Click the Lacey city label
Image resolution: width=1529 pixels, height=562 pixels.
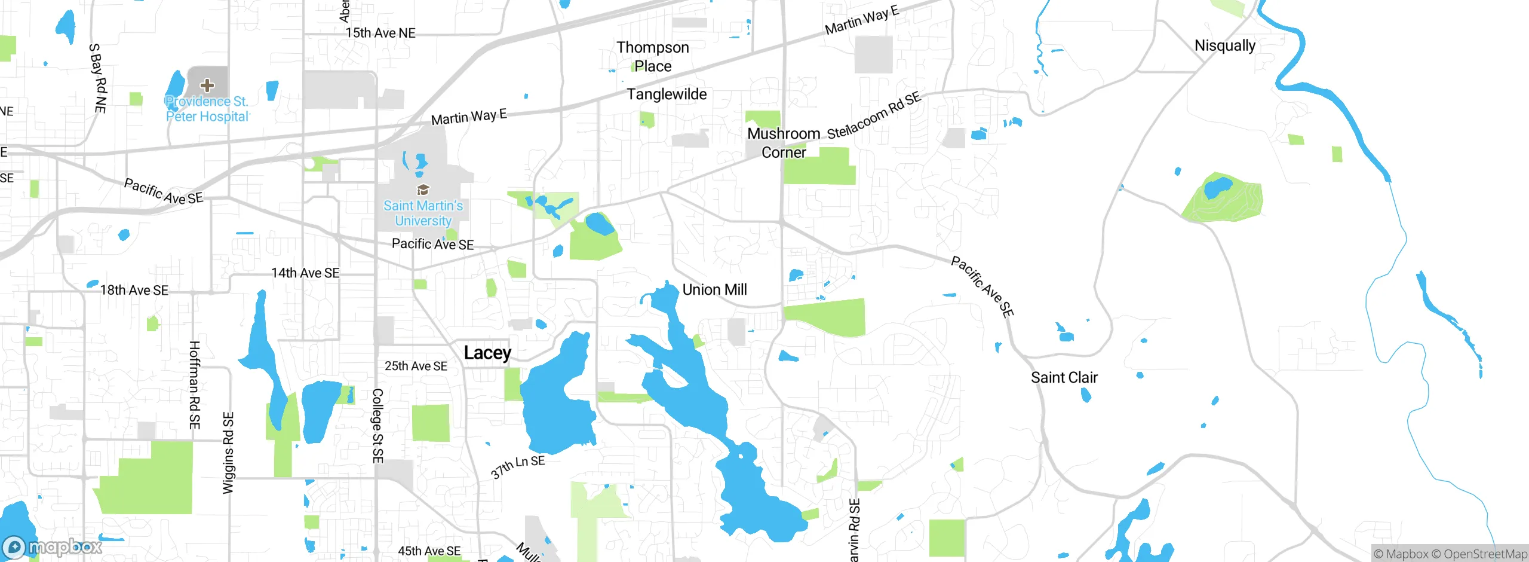tap(487, 353)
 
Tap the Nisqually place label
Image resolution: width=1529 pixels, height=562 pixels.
tap(1224, 45)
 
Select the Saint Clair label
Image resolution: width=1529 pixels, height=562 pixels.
tap(1064, 377)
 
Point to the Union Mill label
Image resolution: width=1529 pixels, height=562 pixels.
tap(714, 289)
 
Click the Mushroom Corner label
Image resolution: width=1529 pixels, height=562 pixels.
tap(784, 143)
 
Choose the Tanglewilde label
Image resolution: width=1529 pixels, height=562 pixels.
tap(667, 94)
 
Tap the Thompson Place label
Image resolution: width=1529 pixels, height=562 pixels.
tap(653, 56)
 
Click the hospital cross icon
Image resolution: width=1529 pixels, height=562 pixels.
tap(207, 85)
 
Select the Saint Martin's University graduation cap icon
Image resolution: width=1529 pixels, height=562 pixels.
tap(423, 190)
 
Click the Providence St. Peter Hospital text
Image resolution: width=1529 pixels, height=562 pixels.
tap(207, 109)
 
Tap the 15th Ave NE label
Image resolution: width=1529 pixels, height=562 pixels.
tap(380, 33)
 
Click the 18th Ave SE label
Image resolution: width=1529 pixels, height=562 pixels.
tap(134, 290)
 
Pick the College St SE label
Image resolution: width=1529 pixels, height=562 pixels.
tap(377, 426)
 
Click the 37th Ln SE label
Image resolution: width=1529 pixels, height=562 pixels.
tap(518, 466)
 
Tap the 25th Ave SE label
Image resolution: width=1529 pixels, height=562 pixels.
tap(416, 366)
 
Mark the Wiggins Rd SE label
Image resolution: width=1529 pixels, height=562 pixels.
tap(228, 453)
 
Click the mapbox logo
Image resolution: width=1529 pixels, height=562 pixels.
tap(53, 546)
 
